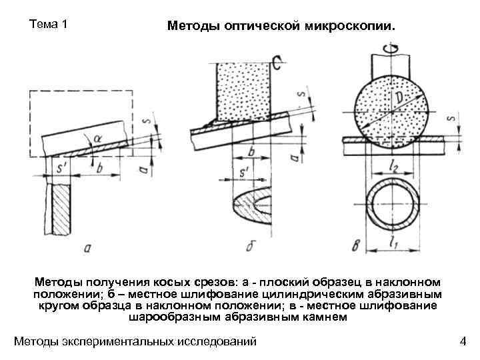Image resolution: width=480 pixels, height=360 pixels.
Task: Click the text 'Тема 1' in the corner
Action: (49, 25)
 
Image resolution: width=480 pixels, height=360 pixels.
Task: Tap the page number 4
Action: (463, 342)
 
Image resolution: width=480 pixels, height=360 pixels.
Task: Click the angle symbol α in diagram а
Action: (98, 138)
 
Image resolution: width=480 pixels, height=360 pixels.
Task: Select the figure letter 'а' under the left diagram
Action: (87, 249)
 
